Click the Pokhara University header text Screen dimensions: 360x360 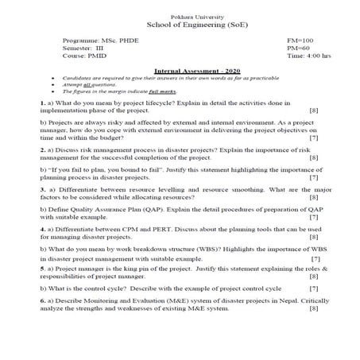pos(180,17)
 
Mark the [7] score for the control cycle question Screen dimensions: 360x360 pos(313,288)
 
